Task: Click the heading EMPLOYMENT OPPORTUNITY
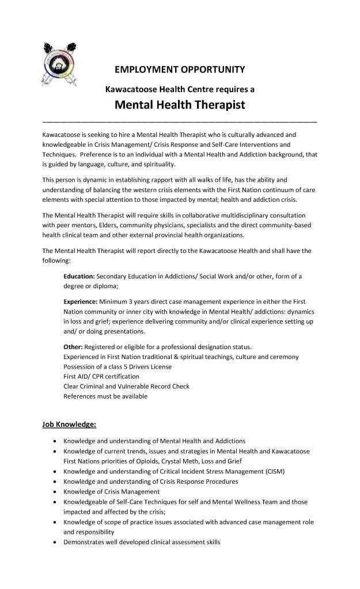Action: [180, 70]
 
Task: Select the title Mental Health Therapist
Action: [180, 105]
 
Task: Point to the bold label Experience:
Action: [81, 301]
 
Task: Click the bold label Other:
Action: [73, 346]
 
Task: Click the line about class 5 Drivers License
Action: [118, 366]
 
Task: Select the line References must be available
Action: [105, 396]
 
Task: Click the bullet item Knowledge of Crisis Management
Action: [112, 492]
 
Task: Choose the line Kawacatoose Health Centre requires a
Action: [180, 89]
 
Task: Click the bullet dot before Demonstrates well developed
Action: [54, 543]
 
